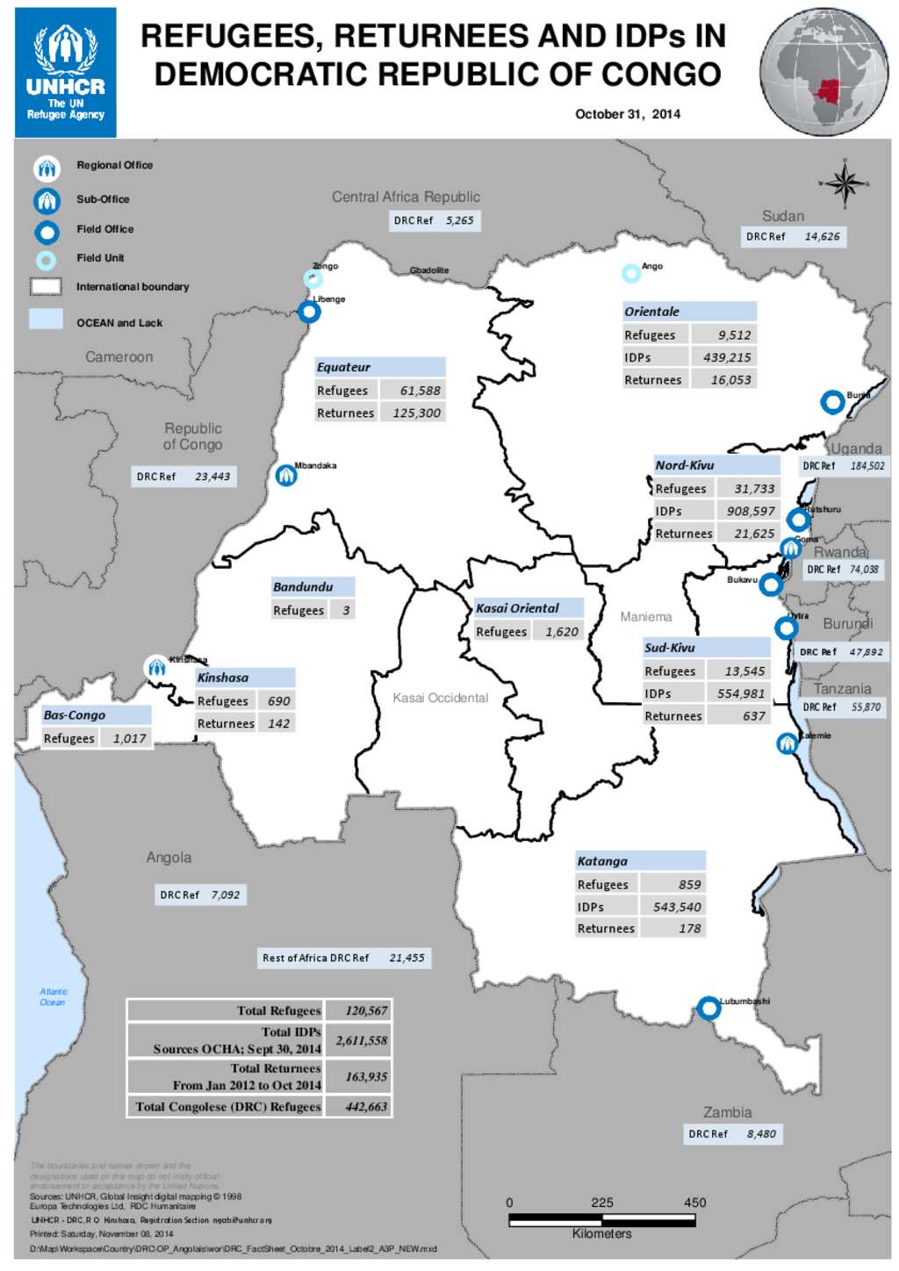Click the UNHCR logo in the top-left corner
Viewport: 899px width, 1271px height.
(66, 72)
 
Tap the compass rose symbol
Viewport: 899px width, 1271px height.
(845, 183)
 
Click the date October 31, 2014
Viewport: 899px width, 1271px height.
(627, 114)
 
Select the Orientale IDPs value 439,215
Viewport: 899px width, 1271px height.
(726, 357)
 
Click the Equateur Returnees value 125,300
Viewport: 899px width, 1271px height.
(416, 413)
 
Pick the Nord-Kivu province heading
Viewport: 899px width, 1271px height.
(685, 465)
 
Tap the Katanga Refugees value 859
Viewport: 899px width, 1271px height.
(689, 885)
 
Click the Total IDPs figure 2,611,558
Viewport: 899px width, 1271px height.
(361, 1040)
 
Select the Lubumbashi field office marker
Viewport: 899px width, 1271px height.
(708, 1009)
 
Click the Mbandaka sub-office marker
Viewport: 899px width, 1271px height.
(286, 475)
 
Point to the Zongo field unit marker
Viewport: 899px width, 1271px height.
(313, 279)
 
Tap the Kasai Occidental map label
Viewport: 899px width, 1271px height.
(440, 698)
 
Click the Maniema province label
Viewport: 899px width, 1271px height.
(645, 617)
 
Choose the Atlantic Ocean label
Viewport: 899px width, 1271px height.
(53, 997)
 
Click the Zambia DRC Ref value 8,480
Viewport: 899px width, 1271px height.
(761, 1134)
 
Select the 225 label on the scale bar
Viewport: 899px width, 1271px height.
(602, 1203)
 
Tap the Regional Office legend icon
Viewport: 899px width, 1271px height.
(47, 168)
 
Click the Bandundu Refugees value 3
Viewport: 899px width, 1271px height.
(346, 610)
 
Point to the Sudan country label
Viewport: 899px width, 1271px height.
(782, 216)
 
